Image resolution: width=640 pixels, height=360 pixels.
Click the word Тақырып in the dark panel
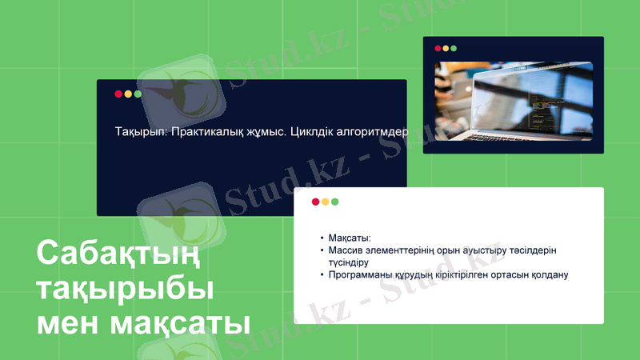point(138,132)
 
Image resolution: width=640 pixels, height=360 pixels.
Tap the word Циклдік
point(311,132)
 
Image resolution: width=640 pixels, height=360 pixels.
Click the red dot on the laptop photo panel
point(438,48)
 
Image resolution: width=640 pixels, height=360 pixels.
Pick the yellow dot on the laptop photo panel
point(446,48)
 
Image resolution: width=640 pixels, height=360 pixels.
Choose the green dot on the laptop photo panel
point(454,48)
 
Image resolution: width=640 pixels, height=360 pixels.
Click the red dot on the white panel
point(315,202)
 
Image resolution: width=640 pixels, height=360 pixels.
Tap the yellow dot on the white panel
point(325,202)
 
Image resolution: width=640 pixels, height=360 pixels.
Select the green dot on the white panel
point(334,202)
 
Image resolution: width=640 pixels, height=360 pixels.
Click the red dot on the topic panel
point(118,94)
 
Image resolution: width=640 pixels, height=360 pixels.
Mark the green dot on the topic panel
point(138,94)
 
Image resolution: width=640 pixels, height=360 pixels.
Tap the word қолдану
point(546,274)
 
